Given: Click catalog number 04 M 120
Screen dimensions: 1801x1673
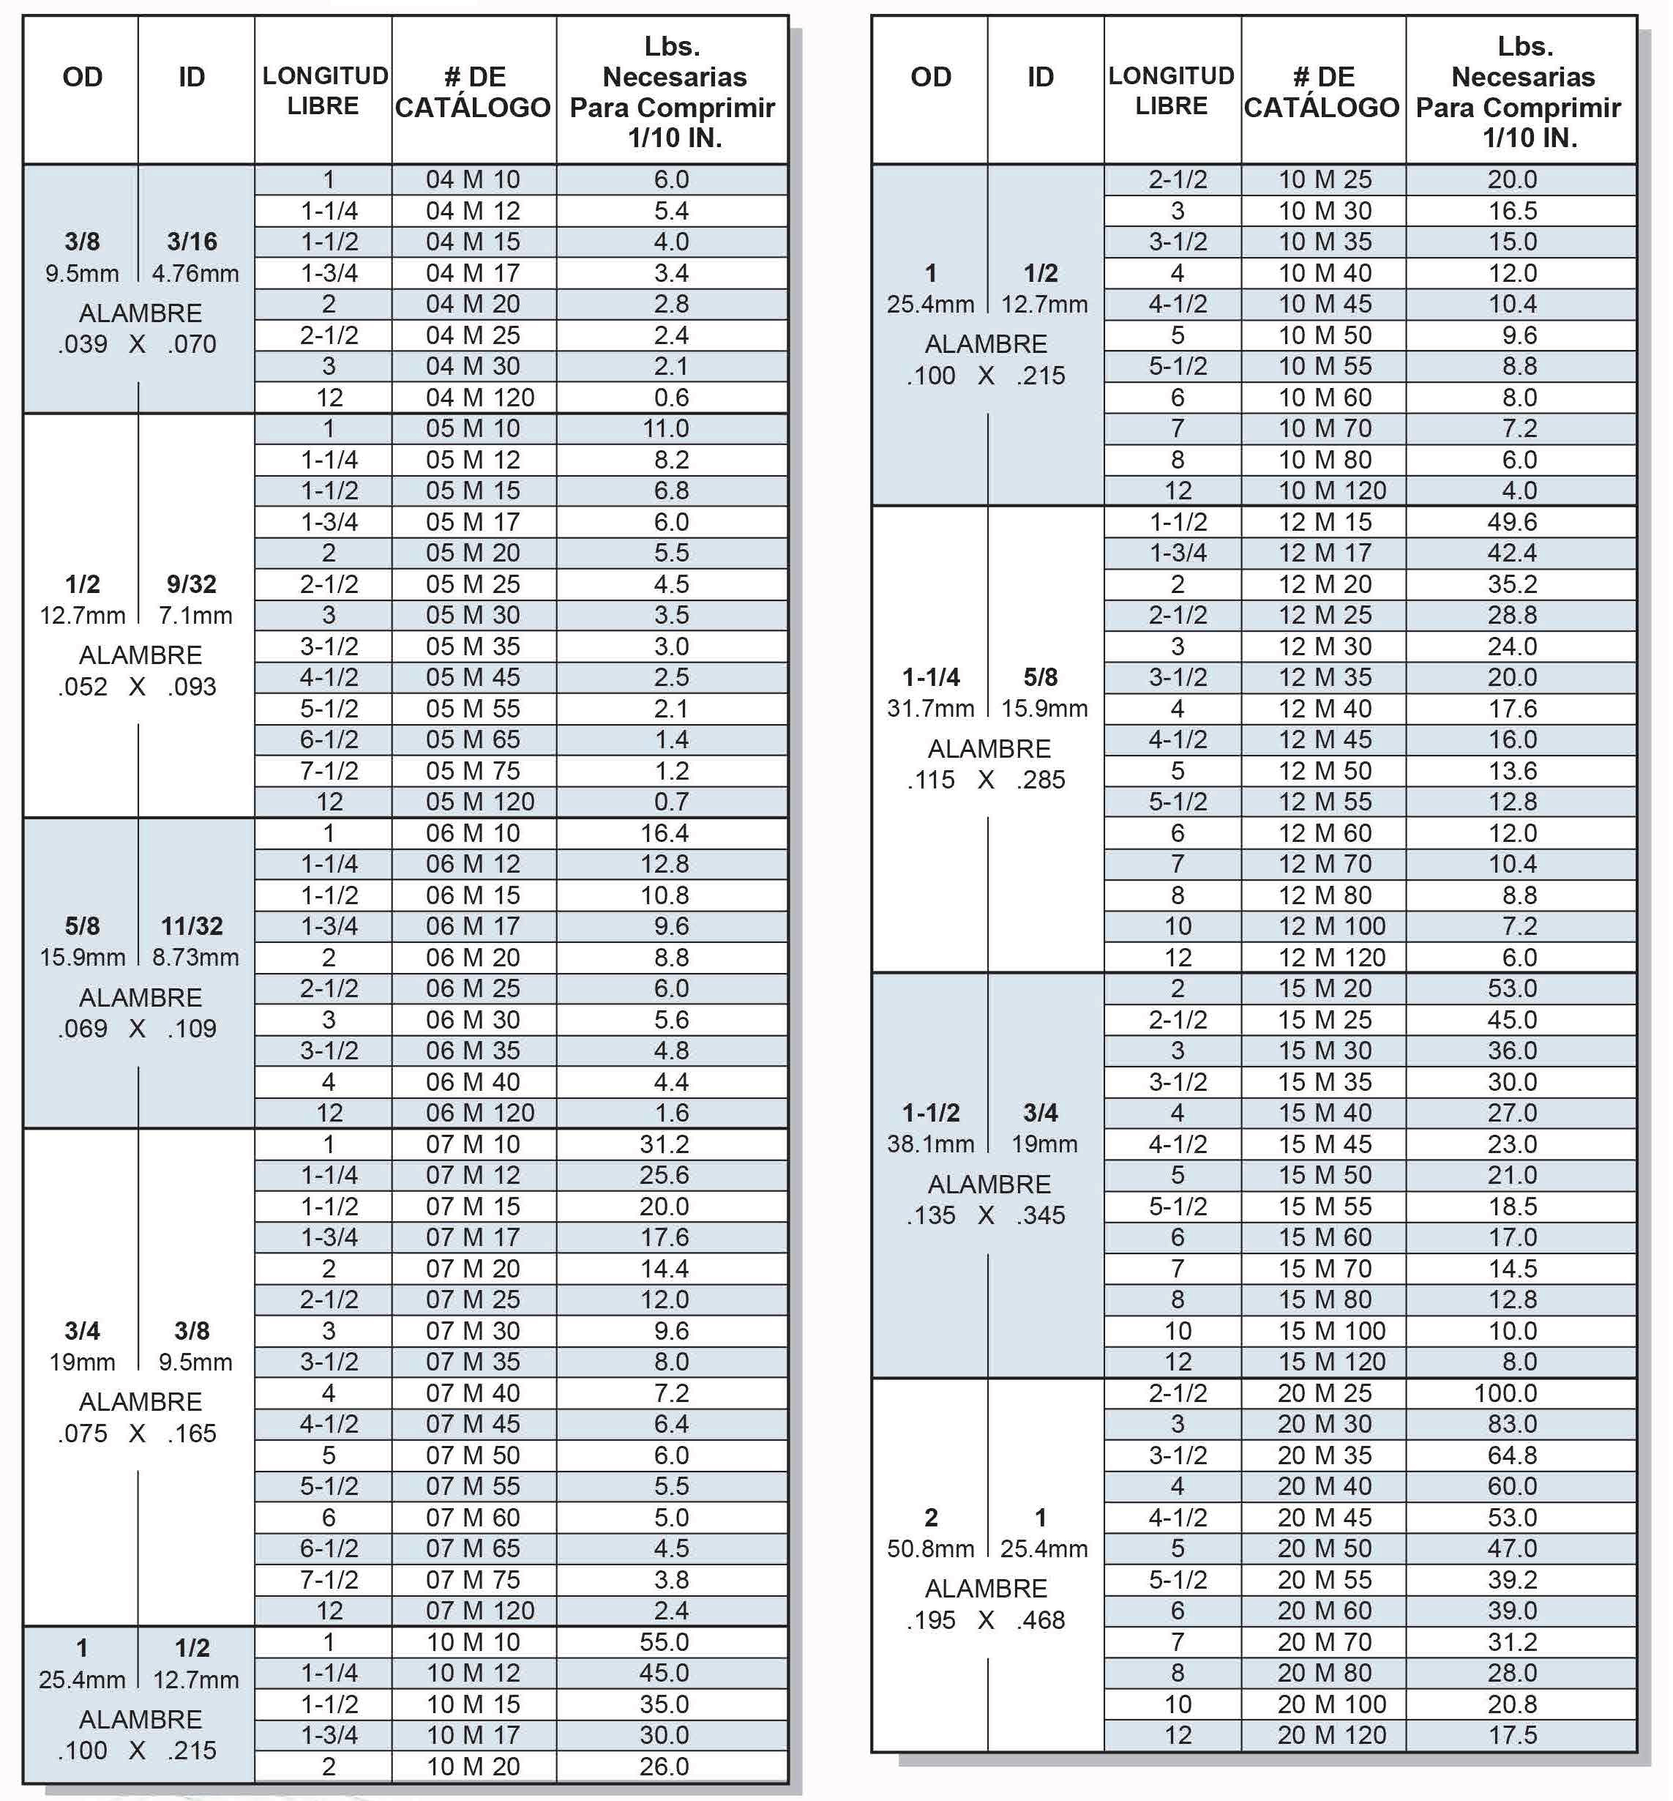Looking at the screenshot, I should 480,398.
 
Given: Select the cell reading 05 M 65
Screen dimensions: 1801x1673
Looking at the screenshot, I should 473,739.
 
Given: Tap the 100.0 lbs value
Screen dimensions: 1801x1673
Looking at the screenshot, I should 1512,1392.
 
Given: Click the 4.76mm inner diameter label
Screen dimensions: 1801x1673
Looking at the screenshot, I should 195,274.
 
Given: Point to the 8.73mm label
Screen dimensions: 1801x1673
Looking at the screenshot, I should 195,957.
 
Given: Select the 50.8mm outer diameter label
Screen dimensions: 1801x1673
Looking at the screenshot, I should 929,1548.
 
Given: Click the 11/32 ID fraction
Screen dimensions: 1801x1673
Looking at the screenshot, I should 192,926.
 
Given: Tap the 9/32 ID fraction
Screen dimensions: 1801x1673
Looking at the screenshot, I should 192,584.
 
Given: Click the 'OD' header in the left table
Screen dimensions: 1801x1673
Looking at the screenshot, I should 83,77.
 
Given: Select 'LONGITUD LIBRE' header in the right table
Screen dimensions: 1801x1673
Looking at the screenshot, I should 1172,91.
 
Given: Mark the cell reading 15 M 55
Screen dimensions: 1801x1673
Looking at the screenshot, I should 1324,1206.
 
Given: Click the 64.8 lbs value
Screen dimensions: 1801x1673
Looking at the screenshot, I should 1512,1455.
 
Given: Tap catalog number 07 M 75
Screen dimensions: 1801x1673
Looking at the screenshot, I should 473,1580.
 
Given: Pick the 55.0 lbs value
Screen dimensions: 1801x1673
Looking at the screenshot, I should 664,1641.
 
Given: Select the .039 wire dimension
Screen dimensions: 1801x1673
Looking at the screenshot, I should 83,344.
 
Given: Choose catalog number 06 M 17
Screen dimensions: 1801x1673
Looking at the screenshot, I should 473,926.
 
